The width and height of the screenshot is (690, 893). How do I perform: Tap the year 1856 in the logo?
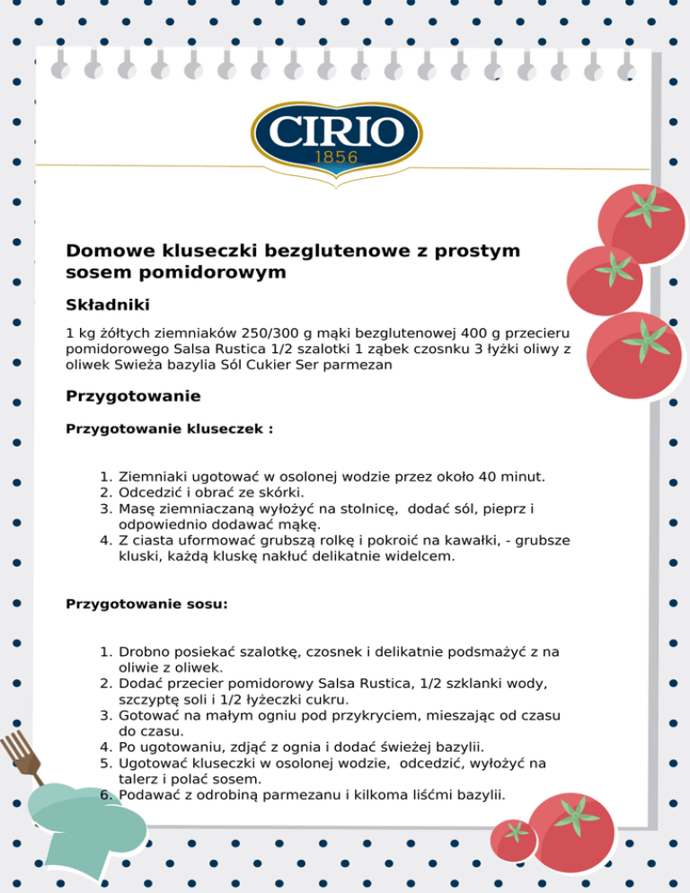(x=336, y=157)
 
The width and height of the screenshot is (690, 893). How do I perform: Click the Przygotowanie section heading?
(x=133, y=396)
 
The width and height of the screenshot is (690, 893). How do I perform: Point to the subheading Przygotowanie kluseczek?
(x=169, y=429)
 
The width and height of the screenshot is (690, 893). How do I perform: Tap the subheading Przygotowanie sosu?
(x=146, y=605)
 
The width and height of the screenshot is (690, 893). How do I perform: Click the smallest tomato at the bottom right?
(x=515, y=838)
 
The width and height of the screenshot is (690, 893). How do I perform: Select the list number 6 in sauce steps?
(x=105, y=795)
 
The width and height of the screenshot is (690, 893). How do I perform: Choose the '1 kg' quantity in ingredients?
(x=81, y=333)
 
